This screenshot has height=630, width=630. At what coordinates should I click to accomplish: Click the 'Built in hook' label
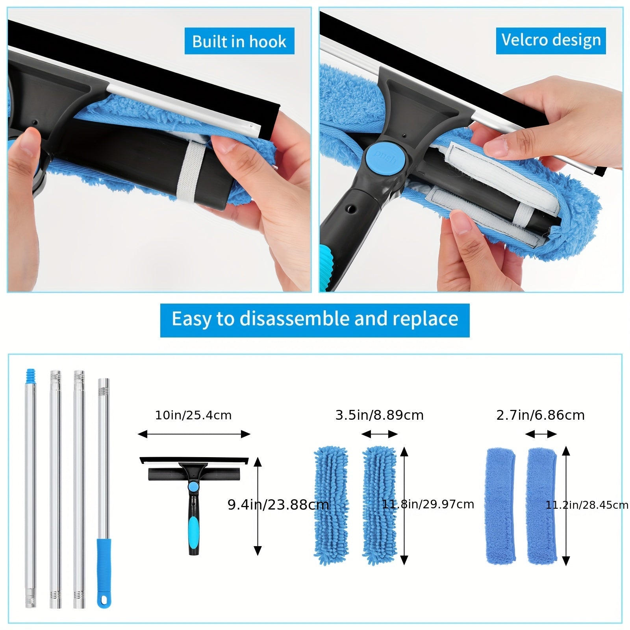point(239,41)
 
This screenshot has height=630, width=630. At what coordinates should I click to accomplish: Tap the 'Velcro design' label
point(550,40)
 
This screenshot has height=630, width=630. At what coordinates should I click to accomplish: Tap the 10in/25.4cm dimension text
point(193,415)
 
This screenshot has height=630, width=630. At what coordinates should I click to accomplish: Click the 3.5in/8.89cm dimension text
point(379,415)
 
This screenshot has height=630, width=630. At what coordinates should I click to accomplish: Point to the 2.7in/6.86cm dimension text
point(540,415)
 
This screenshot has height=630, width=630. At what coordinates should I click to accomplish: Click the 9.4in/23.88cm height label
point(278,504)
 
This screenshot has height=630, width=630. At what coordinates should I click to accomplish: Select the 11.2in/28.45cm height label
point(587,505)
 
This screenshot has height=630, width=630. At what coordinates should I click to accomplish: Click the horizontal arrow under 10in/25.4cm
point(194,434)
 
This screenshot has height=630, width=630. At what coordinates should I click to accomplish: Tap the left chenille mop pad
point(331,505)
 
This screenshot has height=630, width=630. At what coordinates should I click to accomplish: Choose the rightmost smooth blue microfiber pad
point(542,505)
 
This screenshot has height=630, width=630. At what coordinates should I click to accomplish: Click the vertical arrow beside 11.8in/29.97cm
point(404,505)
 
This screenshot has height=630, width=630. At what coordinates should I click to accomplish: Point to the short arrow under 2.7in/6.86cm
point(541,434)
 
